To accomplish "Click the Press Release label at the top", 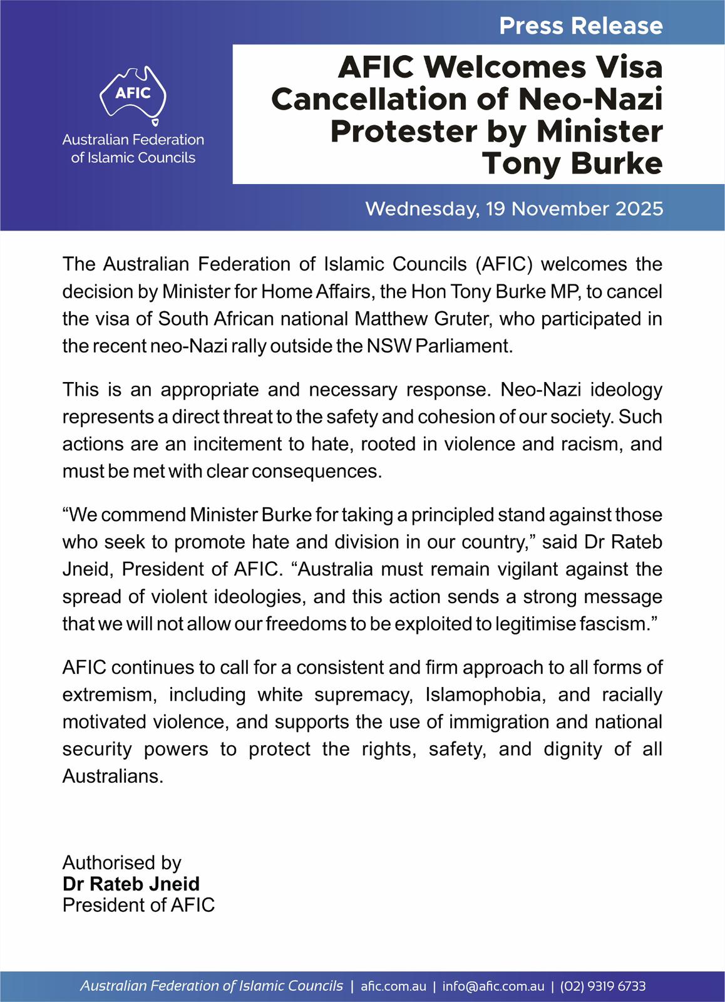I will pos(580,26).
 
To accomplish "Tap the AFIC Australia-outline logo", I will pos(133,95).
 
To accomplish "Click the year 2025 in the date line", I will pos(639,209).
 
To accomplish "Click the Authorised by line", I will pos(121,863).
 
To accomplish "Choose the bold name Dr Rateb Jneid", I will pos(131,884).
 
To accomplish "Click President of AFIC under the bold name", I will pos(138,905).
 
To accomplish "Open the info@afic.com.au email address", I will pos(493,986).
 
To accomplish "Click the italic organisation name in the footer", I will pos(212,986).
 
